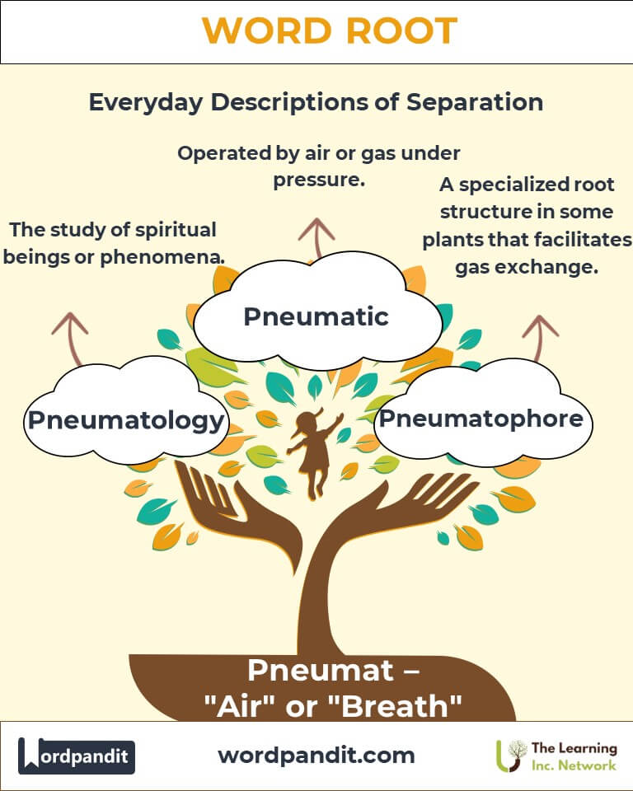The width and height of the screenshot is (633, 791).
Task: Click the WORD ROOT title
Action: (330, 30)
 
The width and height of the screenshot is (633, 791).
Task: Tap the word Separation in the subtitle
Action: (475, 102)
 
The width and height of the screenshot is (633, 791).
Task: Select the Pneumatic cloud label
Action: (316, 316)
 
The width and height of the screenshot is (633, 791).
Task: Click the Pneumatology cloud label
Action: (126, 421)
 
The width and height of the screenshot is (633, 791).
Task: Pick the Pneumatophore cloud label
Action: (481, 419)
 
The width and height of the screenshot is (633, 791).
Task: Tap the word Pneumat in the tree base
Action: (320, 671)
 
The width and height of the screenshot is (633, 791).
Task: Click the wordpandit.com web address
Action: (316, 756)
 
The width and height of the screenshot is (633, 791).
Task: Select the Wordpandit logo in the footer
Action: (76, 756)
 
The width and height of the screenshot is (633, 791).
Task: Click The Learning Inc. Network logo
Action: (557, 756)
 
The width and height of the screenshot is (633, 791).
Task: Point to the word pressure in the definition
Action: (318, 180)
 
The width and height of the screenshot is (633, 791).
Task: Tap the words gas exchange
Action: (527, 267)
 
